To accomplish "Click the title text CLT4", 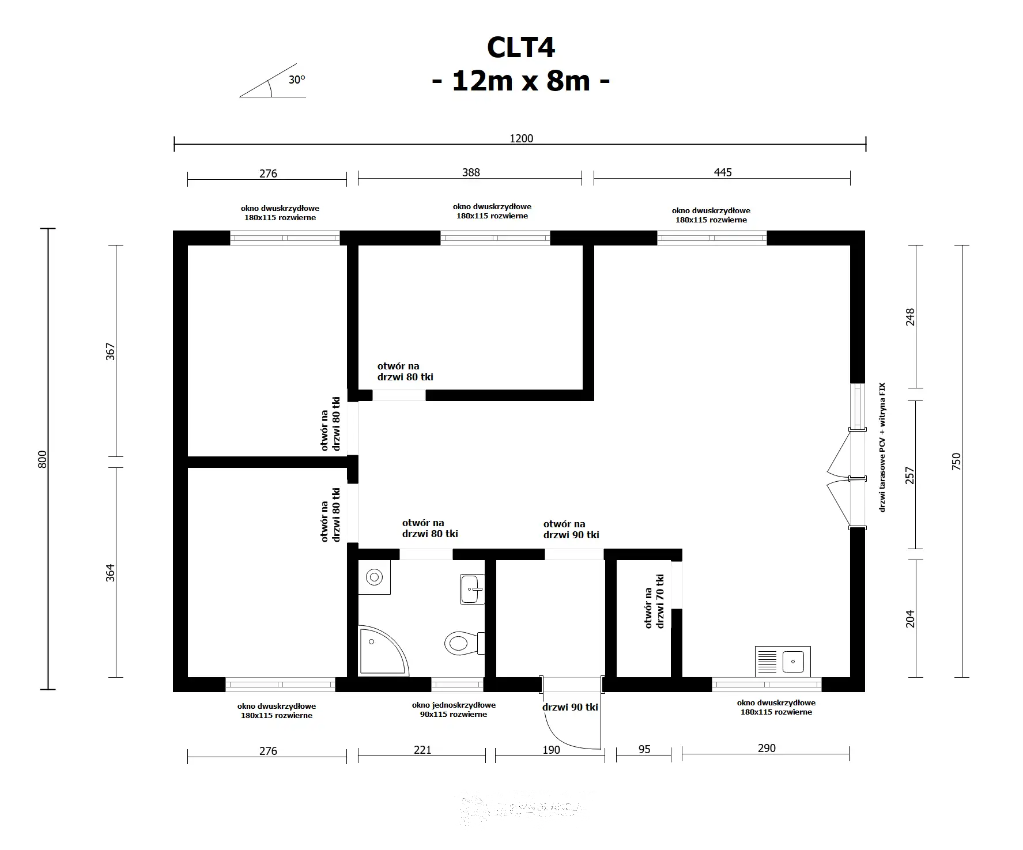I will coord(520,47).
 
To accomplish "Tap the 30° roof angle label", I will coord(297,80).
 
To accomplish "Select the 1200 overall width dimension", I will coord(521,138).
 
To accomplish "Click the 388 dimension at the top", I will coord(470,172).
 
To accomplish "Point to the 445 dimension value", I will coord(722,172).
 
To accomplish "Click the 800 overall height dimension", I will coord(42,459).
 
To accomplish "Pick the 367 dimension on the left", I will coord(111,352).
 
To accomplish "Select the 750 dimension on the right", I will coord(956,462).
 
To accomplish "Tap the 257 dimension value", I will coord(910,475).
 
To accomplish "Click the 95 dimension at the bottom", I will coord(644,749).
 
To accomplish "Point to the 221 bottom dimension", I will coord(422,750).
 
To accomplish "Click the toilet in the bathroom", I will coord(463,642).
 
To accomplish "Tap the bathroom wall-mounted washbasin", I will coord(472,589).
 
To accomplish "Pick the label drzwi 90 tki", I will coord(569,707).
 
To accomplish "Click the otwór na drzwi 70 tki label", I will coord(654,601).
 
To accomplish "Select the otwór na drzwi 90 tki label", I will coord(571,529).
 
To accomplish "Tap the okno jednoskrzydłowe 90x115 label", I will coord(454,709).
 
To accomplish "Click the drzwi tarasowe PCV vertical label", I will coord(882,447).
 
